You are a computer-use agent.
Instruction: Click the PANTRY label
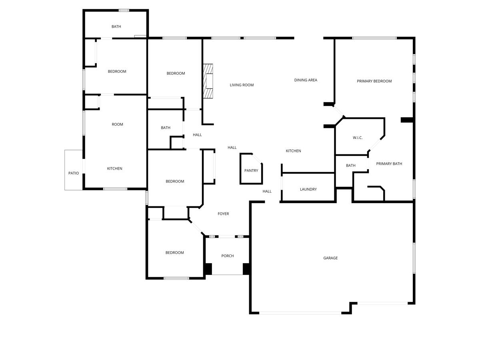(x=251, y=171)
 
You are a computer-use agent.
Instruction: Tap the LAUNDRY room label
(x=308, y=189)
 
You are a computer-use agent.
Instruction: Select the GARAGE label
(x=330, y=258)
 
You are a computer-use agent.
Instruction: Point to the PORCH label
(x=228, y=256)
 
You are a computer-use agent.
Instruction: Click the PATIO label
(x=74, y=173)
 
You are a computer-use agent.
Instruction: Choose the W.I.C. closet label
(x=358, y=138)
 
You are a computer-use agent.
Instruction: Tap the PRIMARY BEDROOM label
(x=374, y=81)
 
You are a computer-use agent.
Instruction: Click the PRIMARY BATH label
(x=389, y=164)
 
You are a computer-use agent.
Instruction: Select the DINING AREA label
(x=306, y=80)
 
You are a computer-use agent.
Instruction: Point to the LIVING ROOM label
(x=242, y=85)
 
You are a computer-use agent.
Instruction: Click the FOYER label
(x=223, y=214)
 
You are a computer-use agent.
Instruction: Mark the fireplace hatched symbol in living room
(x=208, y=81)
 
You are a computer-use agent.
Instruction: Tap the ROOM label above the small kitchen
(x=117, y=124)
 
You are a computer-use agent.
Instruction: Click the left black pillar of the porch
(x=208, y=269)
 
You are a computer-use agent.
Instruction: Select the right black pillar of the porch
(x=247, y=269)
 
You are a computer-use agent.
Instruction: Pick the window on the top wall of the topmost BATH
(x=124, y=10)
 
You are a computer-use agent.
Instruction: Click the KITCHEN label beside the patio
(x=114, y=169)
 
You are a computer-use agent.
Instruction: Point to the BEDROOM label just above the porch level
(x=175, y=253)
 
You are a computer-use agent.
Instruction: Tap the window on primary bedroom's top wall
(x=374, y=38)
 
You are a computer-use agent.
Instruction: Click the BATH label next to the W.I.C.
(x=350, y=166)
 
